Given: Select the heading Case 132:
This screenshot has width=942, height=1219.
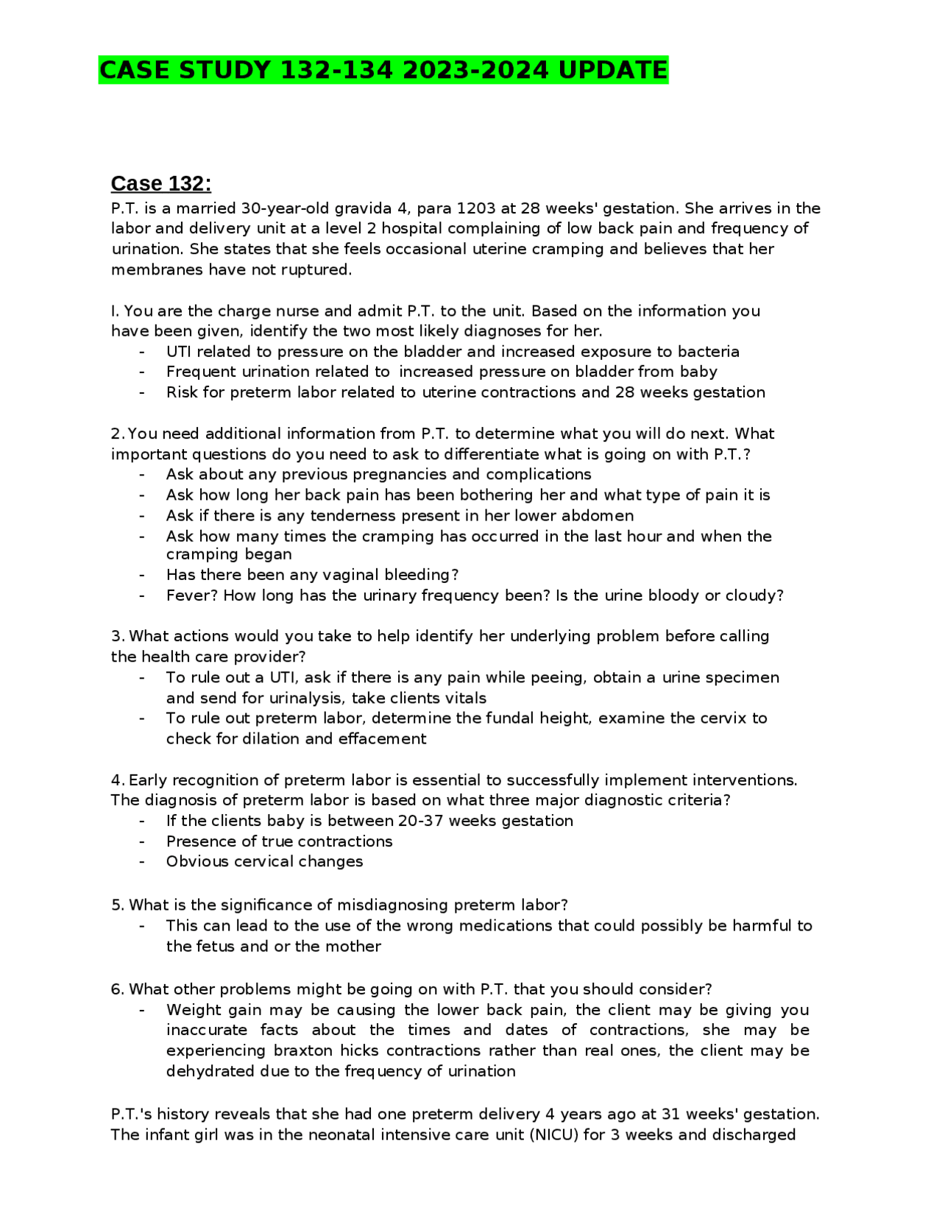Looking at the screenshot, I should pos(160,183).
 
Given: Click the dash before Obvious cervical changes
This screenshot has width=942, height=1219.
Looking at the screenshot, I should pos(142,861).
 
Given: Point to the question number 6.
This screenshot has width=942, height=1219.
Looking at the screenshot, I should pos(117,989).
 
